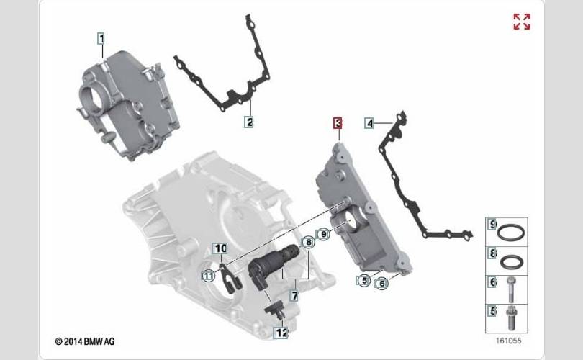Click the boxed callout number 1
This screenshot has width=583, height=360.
[101, 38]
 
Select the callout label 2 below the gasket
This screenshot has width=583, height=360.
[249, 122]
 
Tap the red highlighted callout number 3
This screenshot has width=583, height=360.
[338, 123]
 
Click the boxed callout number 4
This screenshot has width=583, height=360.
[369, 123]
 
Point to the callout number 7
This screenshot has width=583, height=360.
[294, 296]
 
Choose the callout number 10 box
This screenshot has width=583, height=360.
[220, 248]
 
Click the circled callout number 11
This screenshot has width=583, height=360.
[208, 276]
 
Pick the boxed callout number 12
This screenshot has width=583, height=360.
[281, 333]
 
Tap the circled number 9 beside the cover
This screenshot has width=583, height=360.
[323, 234]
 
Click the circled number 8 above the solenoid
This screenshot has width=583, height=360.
[308, 243]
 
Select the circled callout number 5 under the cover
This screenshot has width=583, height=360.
[364, 280]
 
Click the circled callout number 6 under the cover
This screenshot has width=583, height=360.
[382, 284]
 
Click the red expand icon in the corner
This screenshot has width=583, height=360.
[522, 22]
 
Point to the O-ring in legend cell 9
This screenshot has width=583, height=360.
[511, 233]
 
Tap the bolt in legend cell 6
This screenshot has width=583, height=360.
[510, 289]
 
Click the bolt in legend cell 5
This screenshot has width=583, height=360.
[511, 318]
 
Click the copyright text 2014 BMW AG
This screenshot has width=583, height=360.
[85, 341]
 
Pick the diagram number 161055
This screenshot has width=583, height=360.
[508, 341]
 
